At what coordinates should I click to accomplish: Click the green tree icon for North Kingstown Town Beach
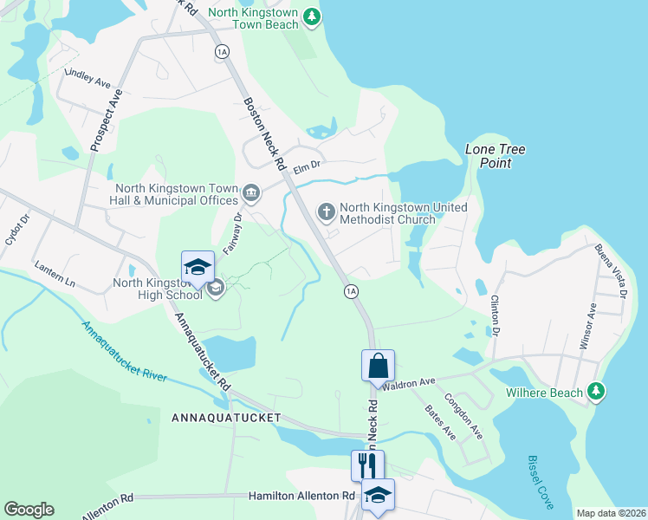(x=313, y=16)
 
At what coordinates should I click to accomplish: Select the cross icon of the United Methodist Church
(x=327, y=211)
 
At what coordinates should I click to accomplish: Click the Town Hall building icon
(x=251, y=192)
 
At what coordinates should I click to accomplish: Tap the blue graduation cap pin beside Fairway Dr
(x=198, y=268)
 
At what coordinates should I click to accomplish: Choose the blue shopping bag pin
(x=379, y=366)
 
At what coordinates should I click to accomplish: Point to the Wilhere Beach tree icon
(x=595, y=392)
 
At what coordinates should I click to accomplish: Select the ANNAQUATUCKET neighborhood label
(x=226, y=418)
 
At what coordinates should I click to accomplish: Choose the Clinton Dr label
(x=496, y=315)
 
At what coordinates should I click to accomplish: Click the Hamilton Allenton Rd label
(x=302, y=496)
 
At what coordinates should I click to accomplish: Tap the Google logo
(x=29, y=510)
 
